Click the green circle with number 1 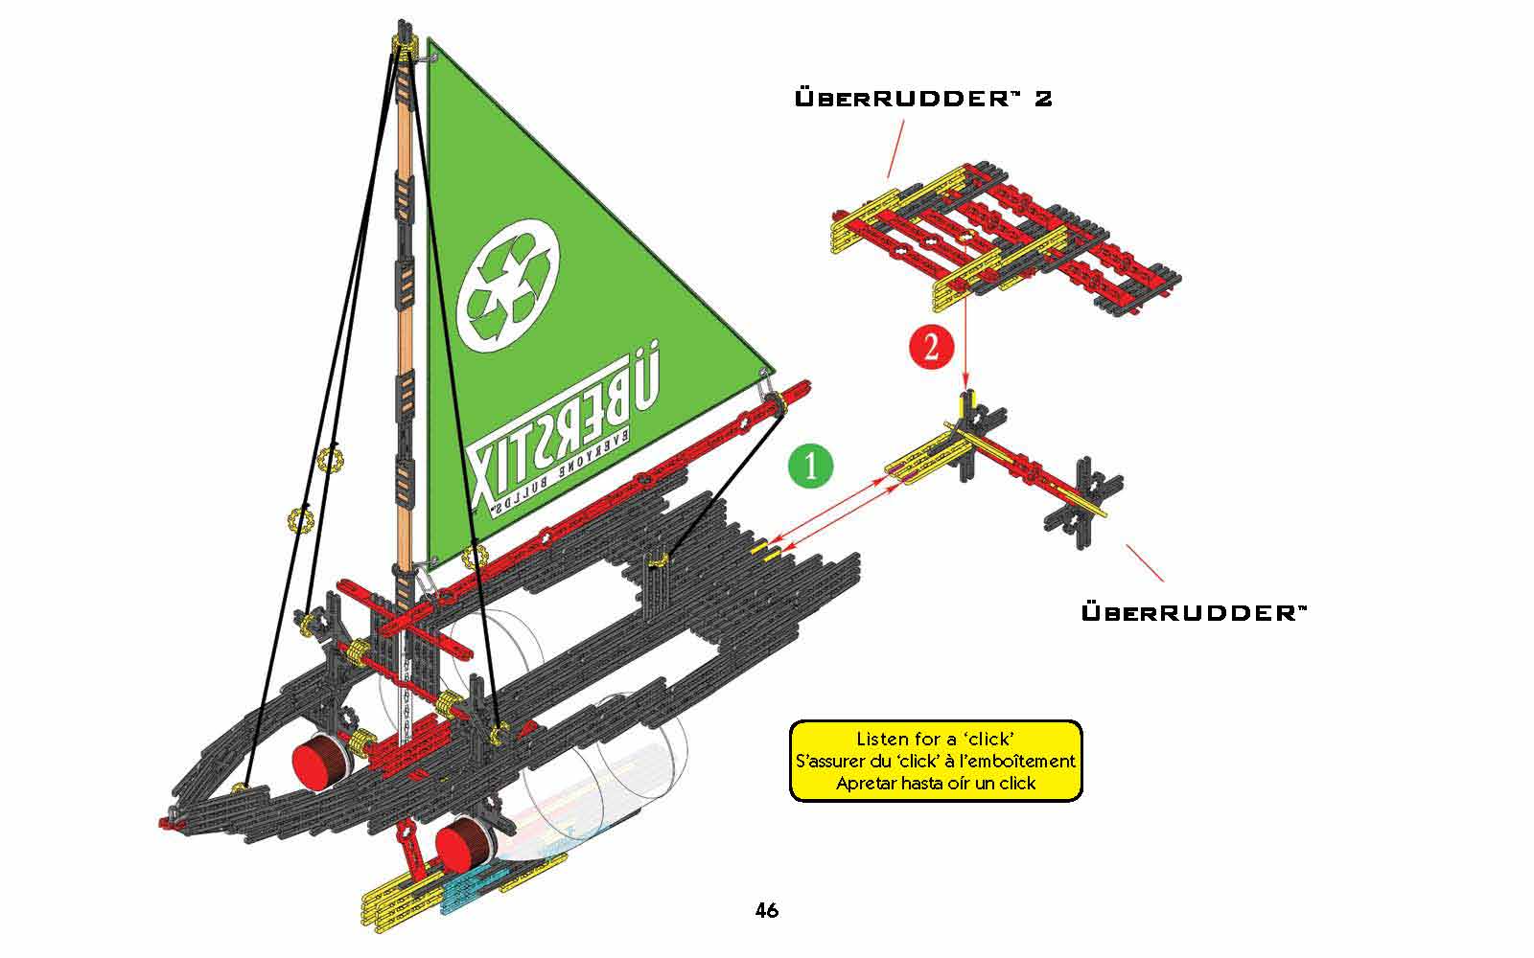pyautogui.click(x=811, y=466)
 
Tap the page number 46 pyautogui.click(x=767, y=910)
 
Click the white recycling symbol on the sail pyautogui.click(x=508, y=285)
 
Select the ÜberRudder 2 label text pyautogui.click(x=923, y=99)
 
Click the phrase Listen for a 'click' pyautogui.click(x=936, y=739)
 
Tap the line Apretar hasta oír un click pyautogui.click(x=936, y=784)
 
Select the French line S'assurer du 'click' pyautogui.click(x=936, y=761)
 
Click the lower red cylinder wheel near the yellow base pyautogui.click(x=463, y=844)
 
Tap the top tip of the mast pyautogui.click(x=404, y=22)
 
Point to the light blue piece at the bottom pyautogui.click(x=473, y=890)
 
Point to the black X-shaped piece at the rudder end pyautogui.click(x=1083, y=503)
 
